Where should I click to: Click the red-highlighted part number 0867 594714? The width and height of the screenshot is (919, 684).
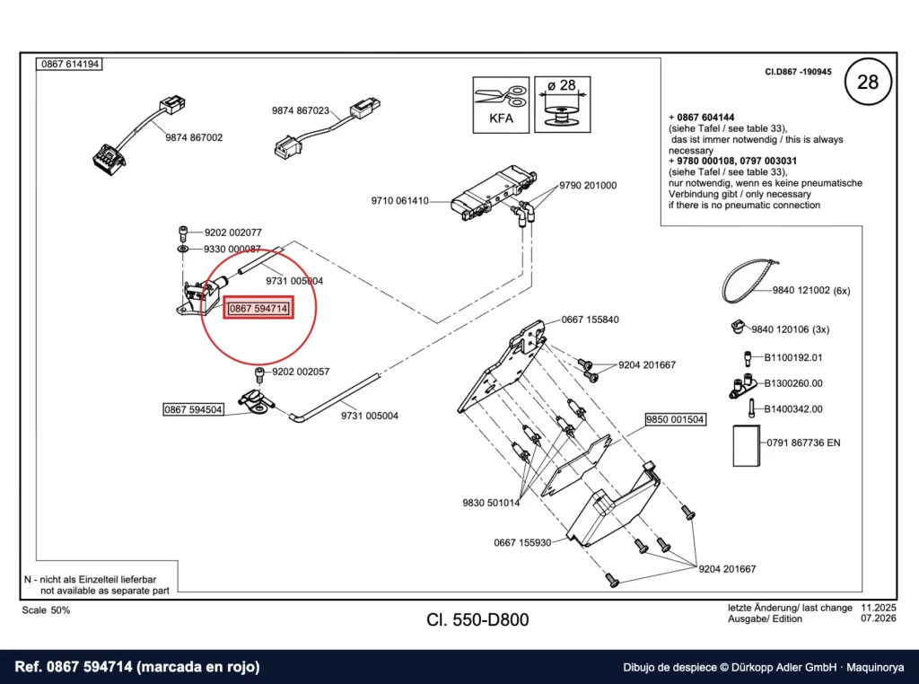(x=258, y=308)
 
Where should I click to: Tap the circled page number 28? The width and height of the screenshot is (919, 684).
(x=868, y=82)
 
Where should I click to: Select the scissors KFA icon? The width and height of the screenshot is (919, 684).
(x=501, y=105)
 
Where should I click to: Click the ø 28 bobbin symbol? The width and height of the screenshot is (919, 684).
(x=563, y=105)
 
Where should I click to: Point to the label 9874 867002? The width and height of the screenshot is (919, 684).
(x=194, y=137)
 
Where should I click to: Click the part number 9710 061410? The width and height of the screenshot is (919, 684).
(x=399, y=201)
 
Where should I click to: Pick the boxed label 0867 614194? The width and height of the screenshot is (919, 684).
(x=70, y=64)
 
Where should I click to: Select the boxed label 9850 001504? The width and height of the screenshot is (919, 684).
(x=675, y=420)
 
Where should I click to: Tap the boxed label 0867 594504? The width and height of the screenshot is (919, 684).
(x=193, y=409)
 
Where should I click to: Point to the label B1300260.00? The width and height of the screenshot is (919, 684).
(x=793, y=383)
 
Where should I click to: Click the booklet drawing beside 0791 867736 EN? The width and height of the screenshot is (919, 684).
(x=747, y=446)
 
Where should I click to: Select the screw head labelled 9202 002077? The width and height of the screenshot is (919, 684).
(x=183, y=232)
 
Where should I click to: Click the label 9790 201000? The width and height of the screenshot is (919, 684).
(x=588, y=186)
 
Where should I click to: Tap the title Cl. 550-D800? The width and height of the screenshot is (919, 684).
(x=477, y=620)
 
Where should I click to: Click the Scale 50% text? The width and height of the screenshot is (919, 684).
(x=46, y=610)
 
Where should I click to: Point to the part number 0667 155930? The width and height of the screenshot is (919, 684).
(x=522, y=543)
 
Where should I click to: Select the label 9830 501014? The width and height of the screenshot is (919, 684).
(x=491, y=503)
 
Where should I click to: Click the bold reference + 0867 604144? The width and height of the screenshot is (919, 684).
(x=702, y=118)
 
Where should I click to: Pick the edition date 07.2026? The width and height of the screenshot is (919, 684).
(x=878, y=618)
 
